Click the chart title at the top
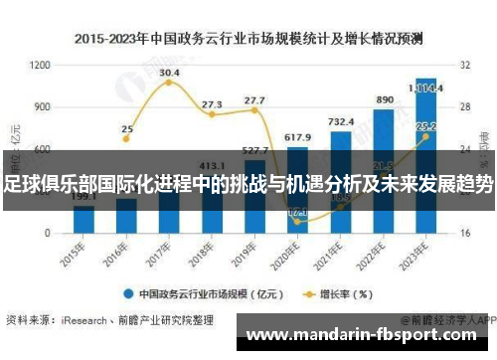[248, 40]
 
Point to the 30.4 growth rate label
[169, 73]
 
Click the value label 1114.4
[425, 88]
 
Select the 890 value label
[384, 100]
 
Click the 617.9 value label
[297, 137]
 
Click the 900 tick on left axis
[42, 106]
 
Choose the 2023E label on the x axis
[422, 252]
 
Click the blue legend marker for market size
[128, 294]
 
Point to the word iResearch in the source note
[87, 319]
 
